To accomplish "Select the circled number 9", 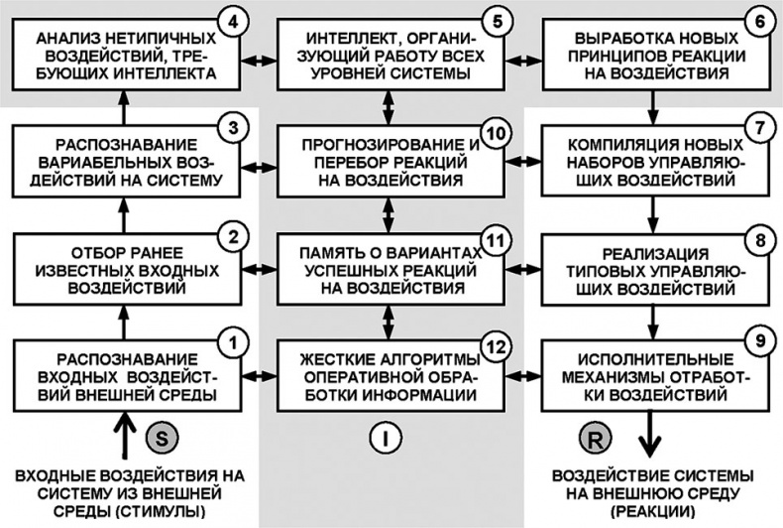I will click(x=758, y=342).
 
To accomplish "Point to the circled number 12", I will click(x=495, y=342).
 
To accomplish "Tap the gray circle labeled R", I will click(x=593, y=436).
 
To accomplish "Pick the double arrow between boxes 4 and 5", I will click(x=261, y=57).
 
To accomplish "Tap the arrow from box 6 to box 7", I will click(x=651, y=102).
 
